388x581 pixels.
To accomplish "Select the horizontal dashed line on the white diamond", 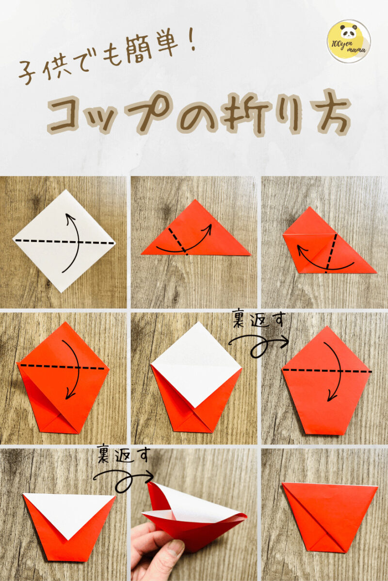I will coord(64,241).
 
